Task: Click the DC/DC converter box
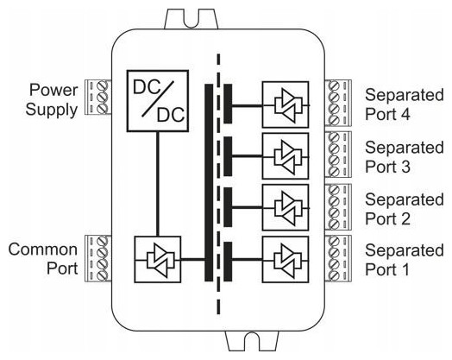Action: [x=158, y=101]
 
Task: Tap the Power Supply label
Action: [x=52, y=100]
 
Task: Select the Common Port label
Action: [x=43, y=259]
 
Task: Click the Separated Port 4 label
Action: [x=405, y=104]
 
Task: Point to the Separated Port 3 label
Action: [x=405, y=157]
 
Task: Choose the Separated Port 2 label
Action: [x=405, y=209]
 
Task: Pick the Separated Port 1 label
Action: [x=405, y=260]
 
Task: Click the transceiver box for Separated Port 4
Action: [x=286, y=104]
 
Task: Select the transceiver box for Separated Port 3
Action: [x=286, y=156]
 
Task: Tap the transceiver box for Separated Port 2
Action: [x=286, y=207]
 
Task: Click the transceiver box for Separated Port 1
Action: [x=286, y=259]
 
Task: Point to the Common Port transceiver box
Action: [x=158, y=259]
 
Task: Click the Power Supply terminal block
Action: [x=97, y=98]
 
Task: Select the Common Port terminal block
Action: [x=97, y=258]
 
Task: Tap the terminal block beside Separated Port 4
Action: [x=338, y=103]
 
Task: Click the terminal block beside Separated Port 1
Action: [x=338, y=258]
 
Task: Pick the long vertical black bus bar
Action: [x=209, y=183]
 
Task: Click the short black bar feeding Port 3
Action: [x=228, y=156]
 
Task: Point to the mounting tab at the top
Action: [x=191, y=19]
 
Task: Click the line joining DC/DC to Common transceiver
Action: [x=158, y=184]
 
